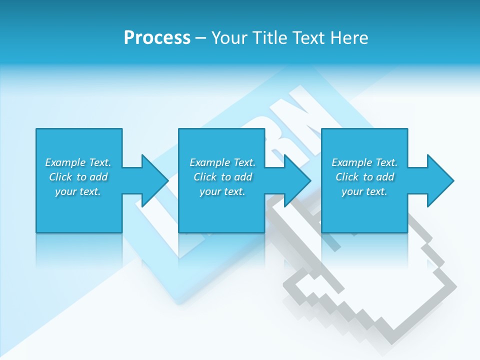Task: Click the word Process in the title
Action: [x=157, y=38]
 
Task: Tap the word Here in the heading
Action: [x=349, y=38]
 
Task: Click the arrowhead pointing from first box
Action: [x=152, y=180]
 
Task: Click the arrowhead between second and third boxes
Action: [x=295, y=180]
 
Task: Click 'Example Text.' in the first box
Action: [x=78, y=162]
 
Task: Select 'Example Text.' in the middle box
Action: [x=222, y=162]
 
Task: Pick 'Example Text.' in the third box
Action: [x=364, y=162]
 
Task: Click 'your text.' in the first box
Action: [x=78, y=191]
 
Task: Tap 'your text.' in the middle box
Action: [x=222, y=191]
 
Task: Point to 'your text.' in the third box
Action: [x=364, y=191]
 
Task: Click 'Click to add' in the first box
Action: [x=78, y=177]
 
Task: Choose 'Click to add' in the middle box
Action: [x=222, y=177]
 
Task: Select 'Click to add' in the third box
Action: [x=364, y=177]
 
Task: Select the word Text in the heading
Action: [x=310, y=38]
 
